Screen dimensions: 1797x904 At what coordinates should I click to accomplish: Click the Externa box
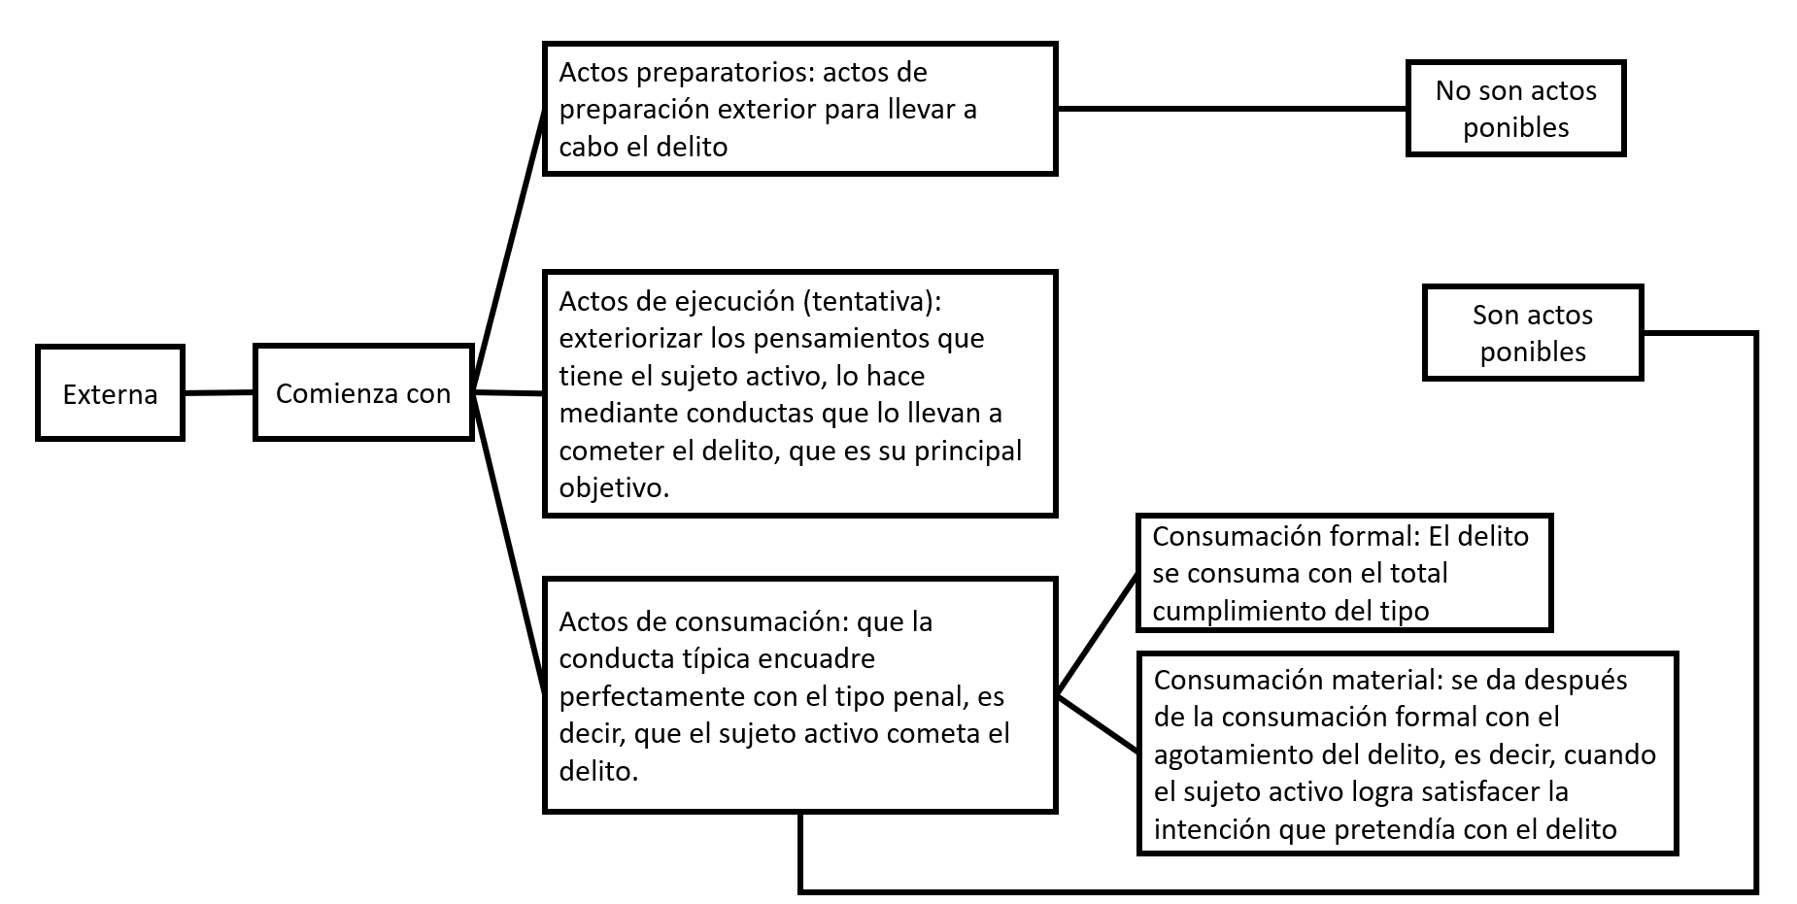(110, 393)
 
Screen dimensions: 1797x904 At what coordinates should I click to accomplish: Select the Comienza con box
(363, 392)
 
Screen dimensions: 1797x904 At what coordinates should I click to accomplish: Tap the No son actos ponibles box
(1515, 108)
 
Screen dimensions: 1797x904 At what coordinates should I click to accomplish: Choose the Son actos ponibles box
(1533, 332)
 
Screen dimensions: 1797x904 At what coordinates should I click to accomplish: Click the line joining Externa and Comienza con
(219, 393)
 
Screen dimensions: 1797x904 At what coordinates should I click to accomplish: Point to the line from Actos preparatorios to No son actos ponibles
(1232, 109)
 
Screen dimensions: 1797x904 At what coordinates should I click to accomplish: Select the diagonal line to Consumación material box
(1097, 723)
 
